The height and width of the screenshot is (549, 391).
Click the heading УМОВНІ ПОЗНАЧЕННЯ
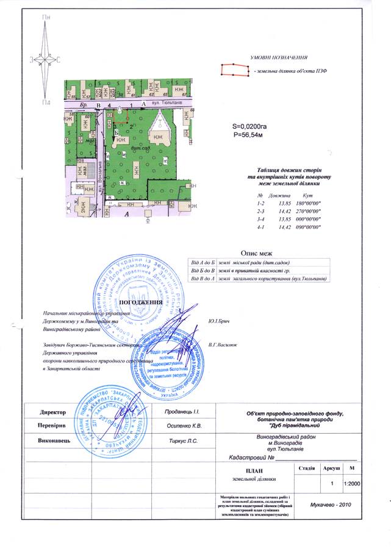pyautogui.click(x=278, y=57)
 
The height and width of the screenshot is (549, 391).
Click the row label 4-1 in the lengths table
pyautogui.click(x=261, y=226)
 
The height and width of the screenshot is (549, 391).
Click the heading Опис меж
pyautogui.click(x=256, y=253)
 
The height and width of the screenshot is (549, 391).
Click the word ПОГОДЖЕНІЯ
pyautogui.click(x=141, y=303)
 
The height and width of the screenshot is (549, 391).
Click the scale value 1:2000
pyautogui.click(x=351, y=483)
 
